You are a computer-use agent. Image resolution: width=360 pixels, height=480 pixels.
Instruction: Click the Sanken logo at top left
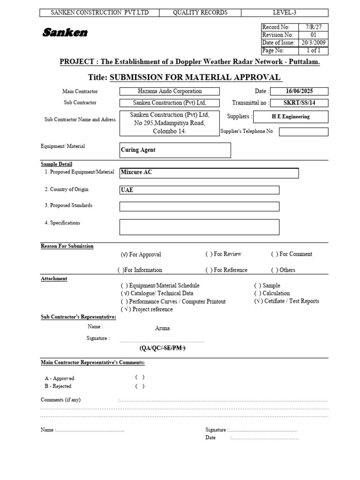click(65, 32)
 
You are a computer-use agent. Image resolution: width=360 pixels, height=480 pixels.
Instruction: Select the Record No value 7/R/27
click(314, 27)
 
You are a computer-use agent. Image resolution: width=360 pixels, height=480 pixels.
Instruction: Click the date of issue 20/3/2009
click(314, 43)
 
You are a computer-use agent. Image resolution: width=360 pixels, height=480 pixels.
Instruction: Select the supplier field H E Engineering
click(291, 117)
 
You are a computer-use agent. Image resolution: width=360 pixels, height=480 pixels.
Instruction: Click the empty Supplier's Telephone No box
click(303, 132)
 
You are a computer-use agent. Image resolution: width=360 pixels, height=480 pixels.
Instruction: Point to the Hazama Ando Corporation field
click(170, 91)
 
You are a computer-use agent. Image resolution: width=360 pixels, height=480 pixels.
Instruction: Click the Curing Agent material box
click(175, 150)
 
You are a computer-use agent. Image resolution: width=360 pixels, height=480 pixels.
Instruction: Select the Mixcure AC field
click(209, 172)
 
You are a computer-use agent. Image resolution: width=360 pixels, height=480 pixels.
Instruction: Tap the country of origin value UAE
click(199, 190)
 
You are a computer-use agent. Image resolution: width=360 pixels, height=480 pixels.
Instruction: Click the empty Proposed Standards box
click(199, 206)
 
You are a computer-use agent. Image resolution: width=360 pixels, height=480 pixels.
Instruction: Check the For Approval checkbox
click(124, 255)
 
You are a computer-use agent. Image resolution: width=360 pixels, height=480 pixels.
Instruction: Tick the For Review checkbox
click(209, 254)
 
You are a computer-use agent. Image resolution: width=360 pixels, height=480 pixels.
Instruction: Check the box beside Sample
click(258, 285)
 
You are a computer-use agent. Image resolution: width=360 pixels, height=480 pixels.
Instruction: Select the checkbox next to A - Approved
click(140, 377)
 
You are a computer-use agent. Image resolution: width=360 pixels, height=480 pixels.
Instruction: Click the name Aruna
click(162, 328)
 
